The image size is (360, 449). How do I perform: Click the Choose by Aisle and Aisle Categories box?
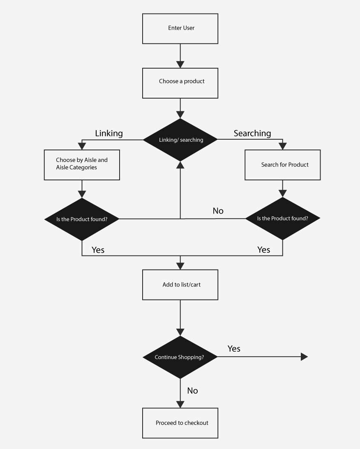[82, 164]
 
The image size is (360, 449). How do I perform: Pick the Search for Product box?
[282, 165]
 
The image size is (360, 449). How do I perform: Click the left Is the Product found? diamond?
[82, 219]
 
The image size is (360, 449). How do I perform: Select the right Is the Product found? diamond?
[282, 219]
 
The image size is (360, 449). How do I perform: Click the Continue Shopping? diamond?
[180, 357]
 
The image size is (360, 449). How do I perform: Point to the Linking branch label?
[109, 134]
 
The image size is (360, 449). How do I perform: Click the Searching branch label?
[252, 134]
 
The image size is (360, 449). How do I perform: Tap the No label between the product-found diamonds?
[218, 211]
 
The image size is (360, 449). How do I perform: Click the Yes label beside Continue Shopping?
[234, 349]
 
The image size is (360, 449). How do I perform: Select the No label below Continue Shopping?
[192, 391]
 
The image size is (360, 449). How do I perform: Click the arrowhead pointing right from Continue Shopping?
[304, 357]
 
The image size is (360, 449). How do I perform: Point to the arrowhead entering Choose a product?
[180, 64]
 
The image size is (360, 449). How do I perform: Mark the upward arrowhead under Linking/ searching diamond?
[180, 165]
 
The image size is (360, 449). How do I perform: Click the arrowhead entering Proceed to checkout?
[180, 404]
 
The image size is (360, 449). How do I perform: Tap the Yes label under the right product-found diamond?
[263, 250]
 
